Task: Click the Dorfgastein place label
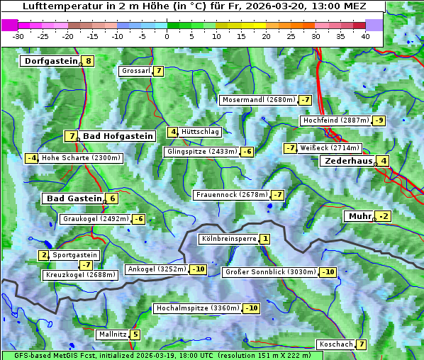[x=50, y=61]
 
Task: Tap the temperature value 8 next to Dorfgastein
[x=88, y=61]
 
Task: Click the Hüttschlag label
[x=201, y=132]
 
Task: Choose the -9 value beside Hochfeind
[x=379, y=120]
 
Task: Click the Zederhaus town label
[x=348, y=161]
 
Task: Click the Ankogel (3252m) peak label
[x=156, y=269]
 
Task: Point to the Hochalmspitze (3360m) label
[x=197, y=308]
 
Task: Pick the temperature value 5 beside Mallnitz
[x=135, y=334]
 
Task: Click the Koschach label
[x=335, y=344]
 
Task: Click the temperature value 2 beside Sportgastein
[x=44, y=255]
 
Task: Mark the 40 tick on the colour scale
[x=365, y=36]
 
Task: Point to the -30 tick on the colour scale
[x=18, y=36]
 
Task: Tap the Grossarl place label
[x=136, y=71]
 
